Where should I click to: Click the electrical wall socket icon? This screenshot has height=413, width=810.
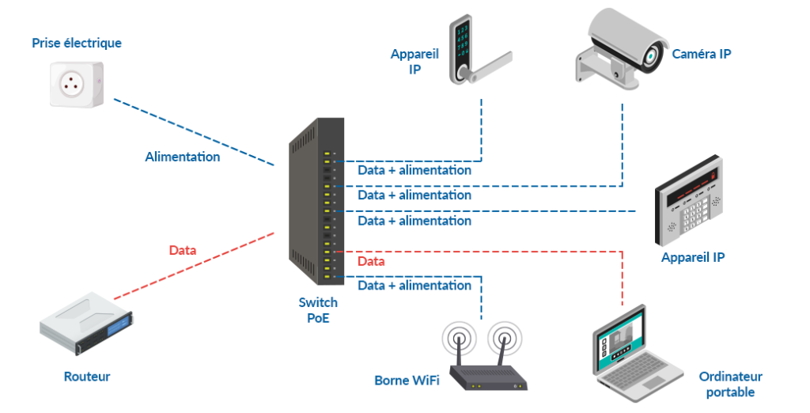77,82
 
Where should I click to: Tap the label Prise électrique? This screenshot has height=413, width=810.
77,43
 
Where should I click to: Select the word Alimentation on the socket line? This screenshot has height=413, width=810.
183,157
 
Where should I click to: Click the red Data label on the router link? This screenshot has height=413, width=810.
183,250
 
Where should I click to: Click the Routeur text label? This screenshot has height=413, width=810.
87,377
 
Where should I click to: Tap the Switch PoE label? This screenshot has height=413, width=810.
318,310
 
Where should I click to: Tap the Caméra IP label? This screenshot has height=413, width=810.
701,54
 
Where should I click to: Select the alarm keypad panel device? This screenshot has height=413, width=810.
688,206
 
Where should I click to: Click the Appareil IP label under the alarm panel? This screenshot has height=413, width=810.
693,257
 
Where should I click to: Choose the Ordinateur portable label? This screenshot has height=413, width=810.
730,385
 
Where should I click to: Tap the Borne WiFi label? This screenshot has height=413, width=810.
403,381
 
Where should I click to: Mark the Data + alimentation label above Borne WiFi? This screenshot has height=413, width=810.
414,285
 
